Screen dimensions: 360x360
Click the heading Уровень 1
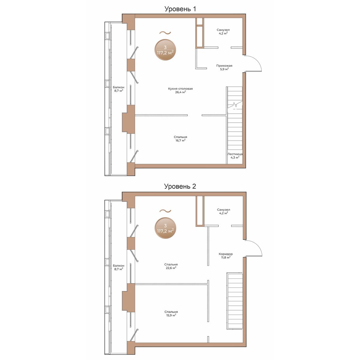[180, 9]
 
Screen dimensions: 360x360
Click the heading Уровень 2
[180, 186]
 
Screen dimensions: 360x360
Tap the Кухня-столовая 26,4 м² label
[180, 90]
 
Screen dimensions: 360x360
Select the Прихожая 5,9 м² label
[224, 67]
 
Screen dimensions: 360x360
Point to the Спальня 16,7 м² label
[180, 139]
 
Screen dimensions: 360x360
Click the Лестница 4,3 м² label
[235, 156]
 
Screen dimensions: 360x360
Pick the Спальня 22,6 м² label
[171, 266]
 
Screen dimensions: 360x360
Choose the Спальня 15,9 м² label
[171, 313]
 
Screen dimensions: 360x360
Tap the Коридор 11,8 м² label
[226, 256]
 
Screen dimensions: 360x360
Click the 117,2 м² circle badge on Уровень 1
[165, 50]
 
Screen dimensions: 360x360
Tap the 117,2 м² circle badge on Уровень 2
[165, 228]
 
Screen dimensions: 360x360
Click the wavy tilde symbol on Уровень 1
[165, 33]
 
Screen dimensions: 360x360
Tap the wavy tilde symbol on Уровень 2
[165, 211]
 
